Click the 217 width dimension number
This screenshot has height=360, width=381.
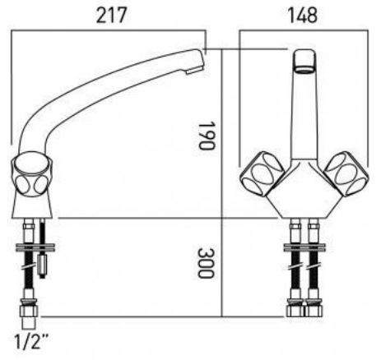pos(111,16)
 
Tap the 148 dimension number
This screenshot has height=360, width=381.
pos(303,16)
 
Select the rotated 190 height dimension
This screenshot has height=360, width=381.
pos(206,136)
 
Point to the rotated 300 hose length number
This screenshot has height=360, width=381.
pos(206,263)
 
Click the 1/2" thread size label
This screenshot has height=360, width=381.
pos(30,341)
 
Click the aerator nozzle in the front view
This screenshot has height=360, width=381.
pos(304,61)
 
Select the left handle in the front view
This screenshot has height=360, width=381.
pos(262,173)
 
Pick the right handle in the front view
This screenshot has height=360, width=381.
pos(346,173)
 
